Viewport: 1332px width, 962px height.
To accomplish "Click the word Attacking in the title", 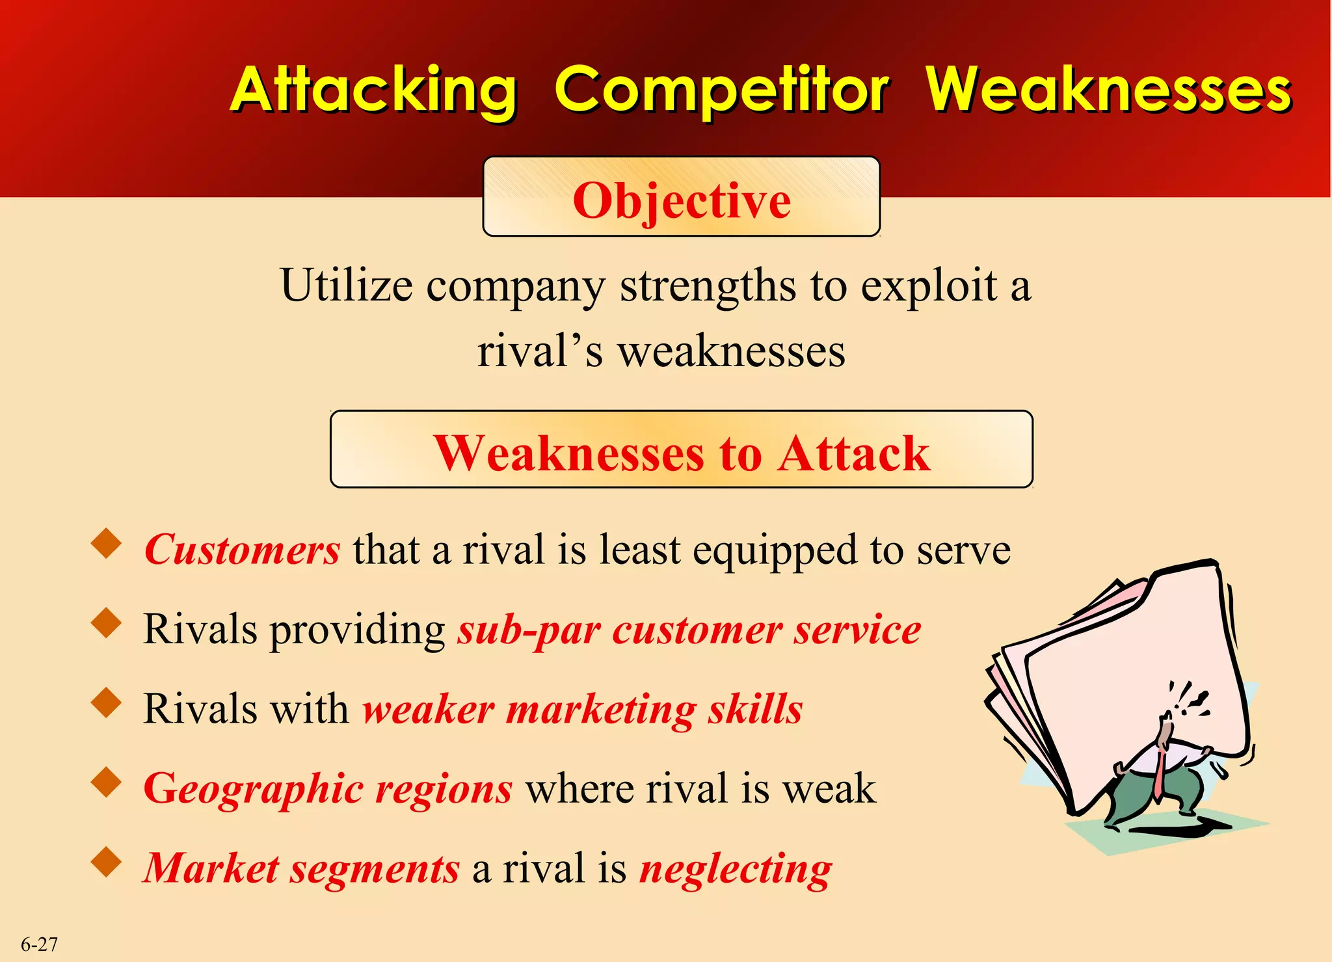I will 373,91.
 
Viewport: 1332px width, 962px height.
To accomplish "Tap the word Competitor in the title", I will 721,91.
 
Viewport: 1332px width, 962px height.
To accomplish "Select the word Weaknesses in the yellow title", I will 1108,91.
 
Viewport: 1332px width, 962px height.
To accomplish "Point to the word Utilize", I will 346,286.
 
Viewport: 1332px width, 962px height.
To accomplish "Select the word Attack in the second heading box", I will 855,453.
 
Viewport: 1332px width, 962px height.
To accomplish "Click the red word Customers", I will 242,550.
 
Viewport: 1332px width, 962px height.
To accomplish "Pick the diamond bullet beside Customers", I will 107,544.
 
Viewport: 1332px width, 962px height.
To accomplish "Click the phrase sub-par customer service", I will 689,630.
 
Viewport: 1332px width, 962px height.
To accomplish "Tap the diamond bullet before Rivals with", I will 107,703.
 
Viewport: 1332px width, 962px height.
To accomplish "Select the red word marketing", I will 601,710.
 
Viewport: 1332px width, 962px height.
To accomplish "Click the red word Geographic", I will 252,790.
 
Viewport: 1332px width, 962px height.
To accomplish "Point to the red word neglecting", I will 736,870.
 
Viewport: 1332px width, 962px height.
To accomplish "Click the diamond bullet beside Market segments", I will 107,862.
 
